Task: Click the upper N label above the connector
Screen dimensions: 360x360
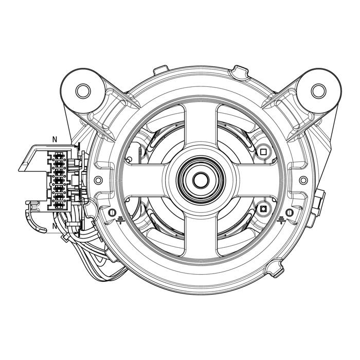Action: (55, 139)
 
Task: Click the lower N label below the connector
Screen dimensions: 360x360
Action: (55, 226)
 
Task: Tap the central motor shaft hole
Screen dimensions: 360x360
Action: (201, 180)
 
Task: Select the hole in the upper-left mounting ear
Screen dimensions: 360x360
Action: (83, 91)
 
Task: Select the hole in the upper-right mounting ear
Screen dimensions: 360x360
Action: (318, 91)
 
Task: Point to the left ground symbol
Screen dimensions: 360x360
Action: (120, 220)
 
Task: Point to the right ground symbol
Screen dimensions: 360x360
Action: (281, 220)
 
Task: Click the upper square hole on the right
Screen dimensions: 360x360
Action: (263, 152)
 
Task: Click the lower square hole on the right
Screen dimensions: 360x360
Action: (263, 209)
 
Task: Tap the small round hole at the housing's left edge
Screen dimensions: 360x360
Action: (98, 180)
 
